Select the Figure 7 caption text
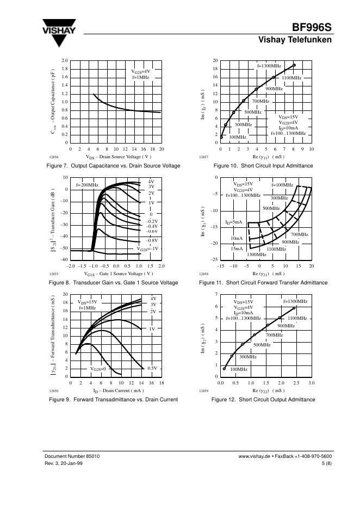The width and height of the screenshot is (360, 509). tap(113, 165)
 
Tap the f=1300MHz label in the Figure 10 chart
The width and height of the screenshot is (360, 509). tap(269, 65)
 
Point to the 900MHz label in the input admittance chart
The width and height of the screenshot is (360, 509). tap(274, 88)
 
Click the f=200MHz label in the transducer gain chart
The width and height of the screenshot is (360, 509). tap(87, 185)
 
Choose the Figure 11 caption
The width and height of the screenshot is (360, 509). tap(263, 283)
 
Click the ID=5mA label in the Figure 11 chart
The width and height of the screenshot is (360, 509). tap(233, 222)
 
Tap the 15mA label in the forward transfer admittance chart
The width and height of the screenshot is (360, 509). tap(237, 249)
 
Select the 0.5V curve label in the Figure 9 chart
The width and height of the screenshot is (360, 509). tap(152, 368)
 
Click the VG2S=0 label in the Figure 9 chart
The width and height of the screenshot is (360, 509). tap(98, 369)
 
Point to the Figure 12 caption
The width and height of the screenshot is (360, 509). tap(263, 400)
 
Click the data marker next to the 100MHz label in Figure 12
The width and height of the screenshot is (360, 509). tap(225, 369)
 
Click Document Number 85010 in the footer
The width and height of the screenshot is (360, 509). tap(72, 456)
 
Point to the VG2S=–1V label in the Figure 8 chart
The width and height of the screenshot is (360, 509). tap(147, 249)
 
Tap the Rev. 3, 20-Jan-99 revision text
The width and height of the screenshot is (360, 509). tap(64, 463)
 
